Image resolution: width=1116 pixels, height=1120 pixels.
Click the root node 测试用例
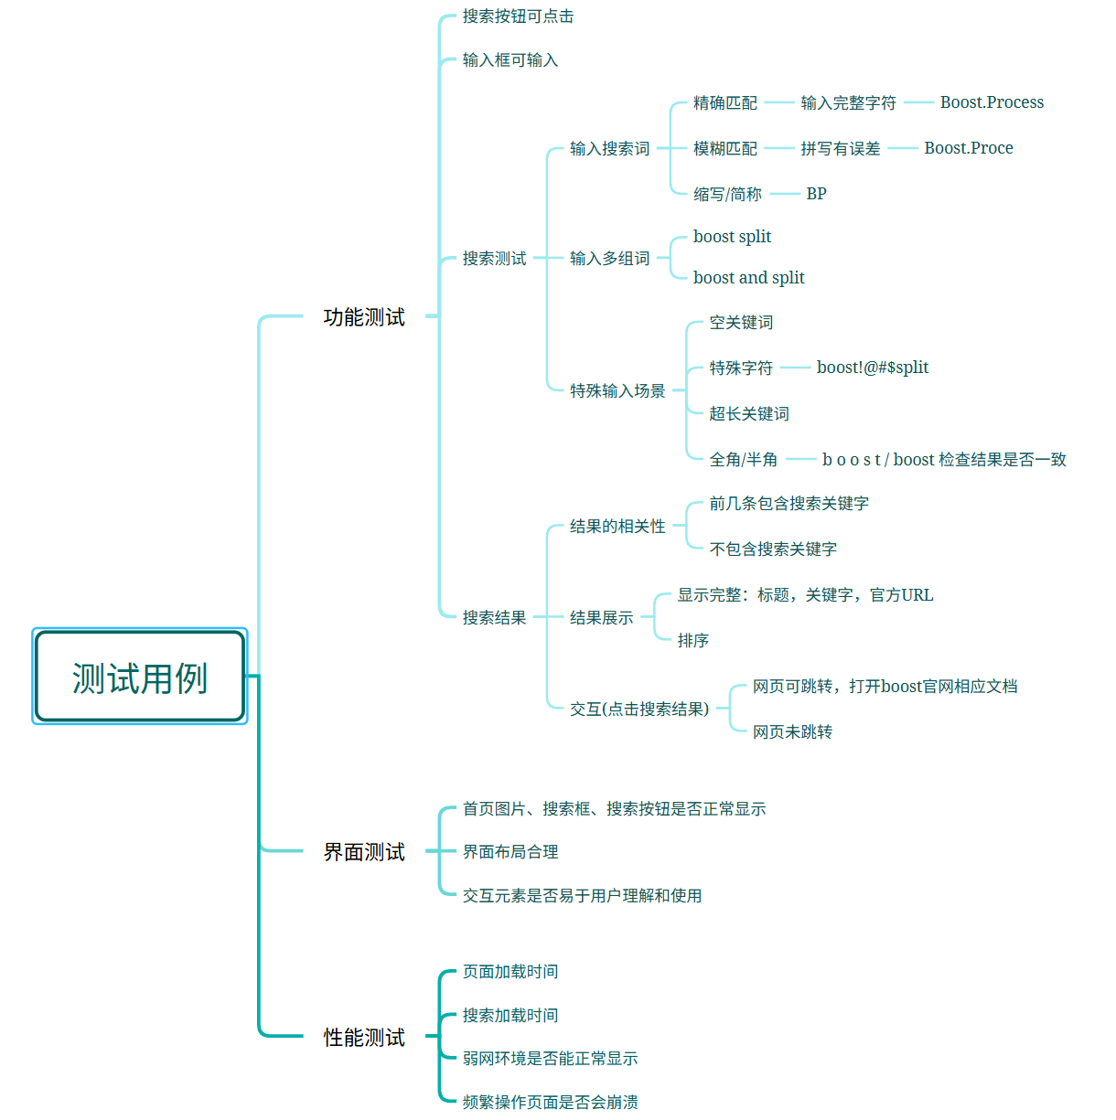point(140,677)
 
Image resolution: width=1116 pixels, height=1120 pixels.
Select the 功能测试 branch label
point(364,317)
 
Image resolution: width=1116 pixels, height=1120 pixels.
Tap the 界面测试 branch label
point(364,852)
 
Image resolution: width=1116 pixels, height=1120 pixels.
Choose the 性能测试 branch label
point(364,1038)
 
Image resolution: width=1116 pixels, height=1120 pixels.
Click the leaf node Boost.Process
point(992,102)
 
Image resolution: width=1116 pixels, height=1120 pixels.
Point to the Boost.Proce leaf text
point(968,148)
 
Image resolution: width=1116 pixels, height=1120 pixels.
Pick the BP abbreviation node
point(816,194)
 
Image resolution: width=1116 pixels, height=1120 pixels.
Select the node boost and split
point(748,278)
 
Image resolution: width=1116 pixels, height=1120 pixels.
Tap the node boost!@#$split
point(872,368)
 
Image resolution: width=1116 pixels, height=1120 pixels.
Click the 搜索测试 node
point(494,259)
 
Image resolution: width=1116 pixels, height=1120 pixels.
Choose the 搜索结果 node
point(494,618)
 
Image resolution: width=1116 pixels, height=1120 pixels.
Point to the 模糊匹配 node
point(724,148)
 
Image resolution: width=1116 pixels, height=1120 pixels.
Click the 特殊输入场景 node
point(617,391)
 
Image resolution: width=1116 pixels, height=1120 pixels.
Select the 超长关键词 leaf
point(748,414)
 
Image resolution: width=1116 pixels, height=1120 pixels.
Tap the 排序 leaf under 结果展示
point(692,641)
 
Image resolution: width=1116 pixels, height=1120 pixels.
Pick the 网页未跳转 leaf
point(792,732)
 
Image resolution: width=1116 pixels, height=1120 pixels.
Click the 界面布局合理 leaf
point(510,852)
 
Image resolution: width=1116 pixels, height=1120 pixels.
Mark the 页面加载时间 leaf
point(510,972)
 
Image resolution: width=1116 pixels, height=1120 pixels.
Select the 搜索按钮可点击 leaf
point(518,16)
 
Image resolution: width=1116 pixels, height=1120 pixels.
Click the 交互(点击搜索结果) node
point(638,709)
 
